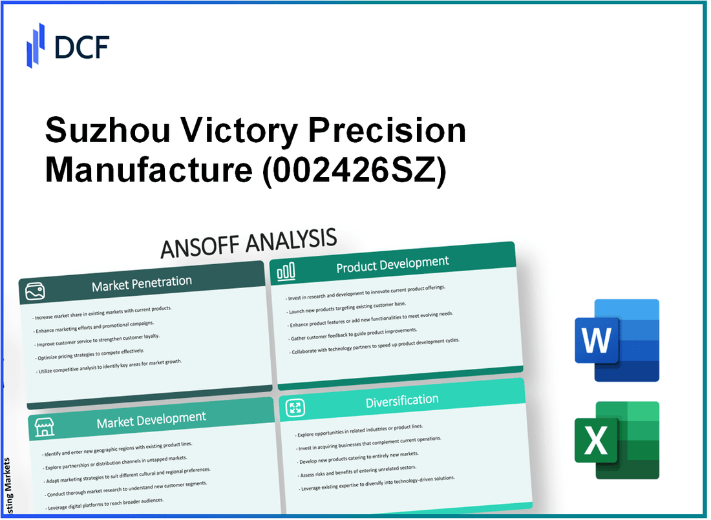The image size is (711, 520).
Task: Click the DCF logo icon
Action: [x=35, y=45]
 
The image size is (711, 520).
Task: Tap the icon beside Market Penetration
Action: [x=35, y=292]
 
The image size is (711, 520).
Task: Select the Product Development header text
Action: [x=392, y=264]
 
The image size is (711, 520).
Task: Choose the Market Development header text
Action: [x=151, y=421]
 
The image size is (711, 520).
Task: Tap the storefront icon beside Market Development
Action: [x=43, y=428]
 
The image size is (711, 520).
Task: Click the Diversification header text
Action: [x=401, y=402]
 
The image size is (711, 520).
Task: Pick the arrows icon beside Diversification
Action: [x=295, y=408]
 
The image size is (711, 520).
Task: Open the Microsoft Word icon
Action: [x=617, y=340]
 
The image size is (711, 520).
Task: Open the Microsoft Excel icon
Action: [x=617, y=440]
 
